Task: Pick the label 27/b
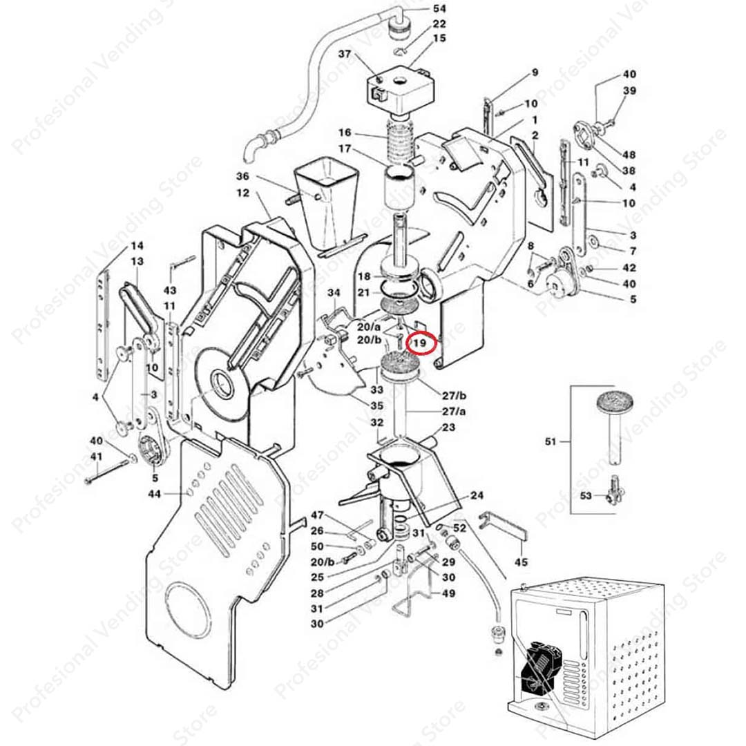(455, 395)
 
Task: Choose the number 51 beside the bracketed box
(550, 441)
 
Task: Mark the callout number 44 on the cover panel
(154, 494)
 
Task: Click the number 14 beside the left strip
(137, 245)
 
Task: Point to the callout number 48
(629, 155)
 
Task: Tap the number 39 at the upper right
(629, 91)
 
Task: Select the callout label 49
(448, 593)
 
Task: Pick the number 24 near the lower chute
(477, 495)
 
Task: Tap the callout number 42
(629, 268)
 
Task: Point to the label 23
(448, 428)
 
